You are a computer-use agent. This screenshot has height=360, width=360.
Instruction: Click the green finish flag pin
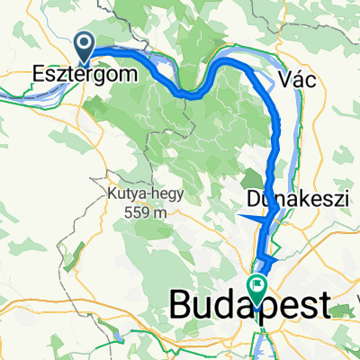coord(258,290)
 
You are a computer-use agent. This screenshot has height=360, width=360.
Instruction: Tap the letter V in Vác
coord(288,79)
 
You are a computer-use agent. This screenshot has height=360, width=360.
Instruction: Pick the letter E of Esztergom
coord(39,74)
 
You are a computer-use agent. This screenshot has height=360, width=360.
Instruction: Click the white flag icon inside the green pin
coord(258,289)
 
